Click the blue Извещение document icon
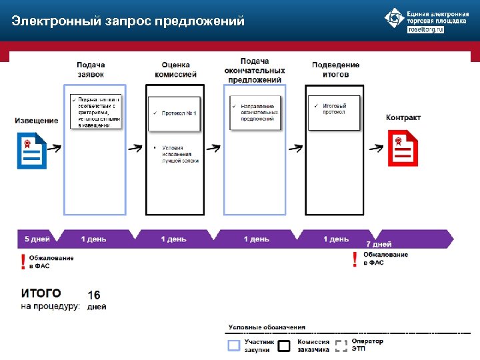click(x=30, y=151)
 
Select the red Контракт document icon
click(x=403, y=148)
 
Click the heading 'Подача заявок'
click(x=91, y=69)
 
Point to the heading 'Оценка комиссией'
click(x=175, y=69)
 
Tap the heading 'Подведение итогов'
click(x=335, y=69)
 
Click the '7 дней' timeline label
click(x=379, y=244)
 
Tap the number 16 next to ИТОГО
click(x=95, y=295)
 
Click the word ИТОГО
click(x=41, y=293)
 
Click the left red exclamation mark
click(x=24, y=261)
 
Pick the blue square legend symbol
click(x=233, y=345)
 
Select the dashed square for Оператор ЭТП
click(x=341, y=345)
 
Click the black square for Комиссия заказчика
click(x=285, y=345)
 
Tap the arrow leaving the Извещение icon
click(x=54, y=149)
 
